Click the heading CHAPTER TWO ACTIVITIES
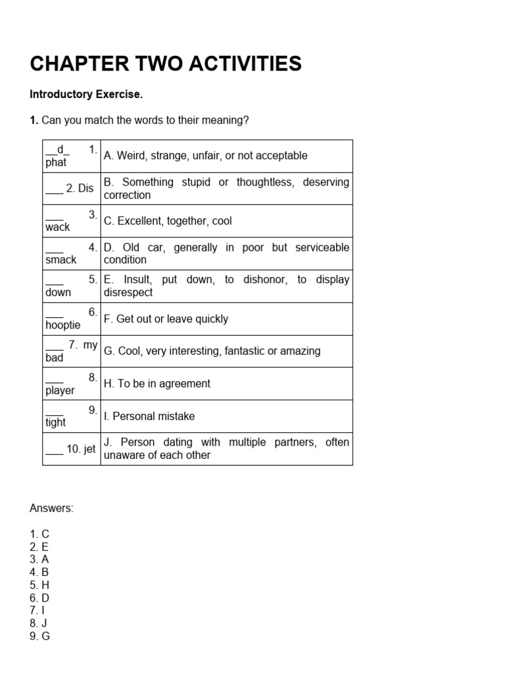pyautogui.click(x=166, y=64)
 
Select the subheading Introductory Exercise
pyautogui.click(x=86, y=94)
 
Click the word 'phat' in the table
pyautogui.click(x=56, y=162)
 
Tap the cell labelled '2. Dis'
pyautogui.click(x=70, y=188)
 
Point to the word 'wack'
pyautogui.click(x=57, y=227)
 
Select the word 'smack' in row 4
pyautogui.click(x=60, y=259)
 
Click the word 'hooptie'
pyautogui.click(x=62, y=324)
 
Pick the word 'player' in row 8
pyautogui.click(x=60, y=390)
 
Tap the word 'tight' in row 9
pyautogui.click(x=55, y=423)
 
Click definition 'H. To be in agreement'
pyautogui.click(x=157, y=384)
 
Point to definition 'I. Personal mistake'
pyautogui.click(x=149, y=416)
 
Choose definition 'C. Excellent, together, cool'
pyautogui.click(x=168, y=221)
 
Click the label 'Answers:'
pyautogui.click(x=52, y=508)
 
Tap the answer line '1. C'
pyautogui.click(x=39, y=534)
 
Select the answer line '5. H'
pyautogui.click(x=39, y=585)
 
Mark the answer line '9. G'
pyautogui.click(x=39, y=636)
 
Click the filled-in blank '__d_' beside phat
pyautogui.click(x=58, y=149)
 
